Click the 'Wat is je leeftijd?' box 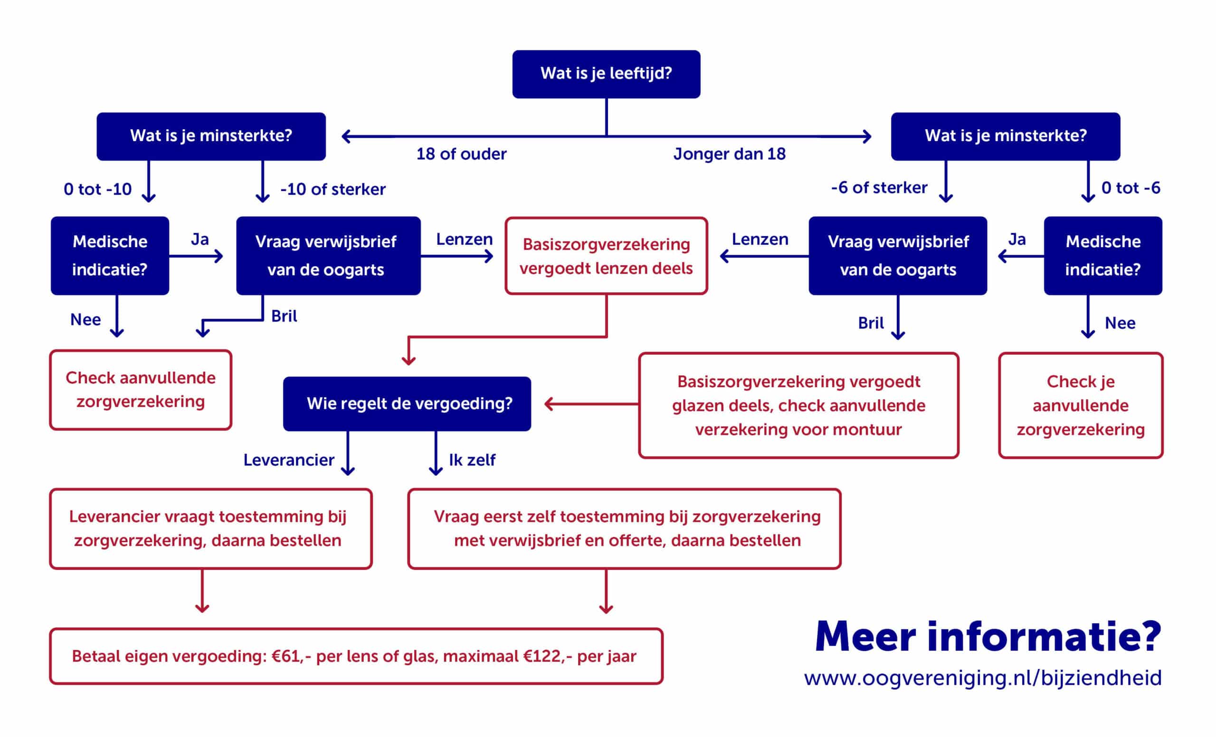click(x=606, y=74)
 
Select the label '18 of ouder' click(x=461, y=154)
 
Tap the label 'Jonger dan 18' click(x=730, y=154)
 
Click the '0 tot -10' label click(x=98, y=189)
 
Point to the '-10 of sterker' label click(x=332, y=189)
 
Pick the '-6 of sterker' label click(x=879, y=188)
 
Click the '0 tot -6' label click(x=1130, y=188)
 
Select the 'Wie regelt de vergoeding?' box click(x=407, y=404)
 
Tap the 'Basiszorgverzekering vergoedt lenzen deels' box click(x=606, y=256)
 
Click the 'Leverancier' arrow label click(x=289, y=460)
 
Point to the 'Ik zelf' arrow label click(x=472, y=460)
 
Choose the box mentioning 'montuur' click(x=798, y=405)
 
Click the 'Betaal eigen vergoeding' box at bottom click(x=356, y=656)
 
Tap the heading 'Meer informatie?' click(x=988, y=637)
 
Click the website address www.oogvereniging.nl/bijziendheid click(x=983, y=678)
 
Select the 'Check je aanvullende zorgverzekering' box click(x=1080, y=405)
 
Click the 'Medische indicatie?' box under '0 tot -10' click(x=110, y=256)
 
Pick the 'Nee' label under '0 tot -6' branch click(x=1120, y=323)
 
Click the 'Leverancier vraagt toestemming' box click(x=210, y=529)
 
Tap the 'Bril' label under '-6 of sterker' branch click(x=871, y=323)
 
